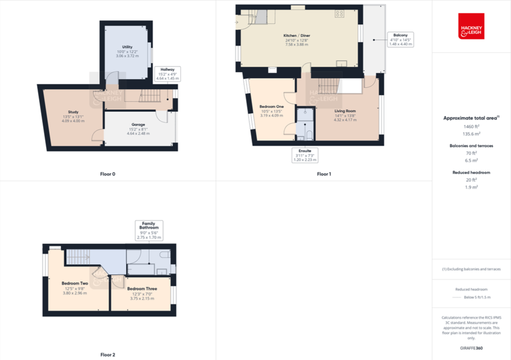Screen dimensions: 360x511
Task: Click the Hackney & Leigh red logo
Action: coord(471,26)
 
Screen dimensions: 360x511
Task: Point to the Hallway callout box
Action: coord(167,74)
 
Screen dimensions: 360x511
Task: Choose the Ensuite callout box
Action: coord(305,155)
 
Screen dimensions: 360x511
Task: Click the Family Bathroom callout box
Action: coord(149,230)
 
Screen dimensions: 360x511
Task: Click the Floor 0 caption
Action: coord(107,174)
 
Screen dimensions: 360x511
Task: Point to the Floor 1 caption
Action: coord(324,174)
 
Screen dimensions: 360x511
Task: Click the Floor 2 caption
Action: coord(107,354)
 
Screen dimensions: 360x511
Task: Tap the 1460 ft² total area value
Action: coord(471,126)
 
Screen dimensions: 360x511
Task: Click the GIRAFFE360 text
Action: coord(471,349)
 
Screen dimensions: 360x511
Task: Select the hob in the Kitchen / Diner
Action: coord(339,15)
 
